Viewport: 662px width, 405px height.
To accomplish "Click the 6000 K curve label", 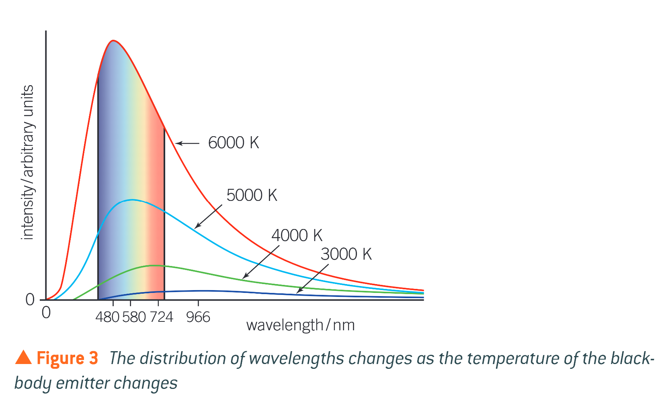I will click(x=233, y=143).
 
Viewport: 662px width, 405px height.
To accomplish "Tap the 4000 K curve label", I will click(x=297, y=235).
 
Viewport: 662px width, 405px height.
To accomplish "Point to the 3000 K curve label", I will click(x=346, y=254).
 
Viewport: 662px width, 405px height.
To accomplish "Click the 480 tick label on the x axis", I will click(x=107, y=317).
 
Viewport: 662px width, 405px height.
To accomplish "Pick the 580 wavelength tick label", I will click(x=134, y=317).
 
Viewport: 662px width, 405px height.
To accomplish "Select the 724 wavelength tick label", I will click(x=162, y=317).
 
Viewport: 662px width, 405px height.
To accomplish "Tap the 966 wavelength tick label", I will click(x=198, y=317).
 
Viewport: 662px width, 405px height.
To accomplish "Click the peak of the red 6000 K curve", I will click(x=114, y=41).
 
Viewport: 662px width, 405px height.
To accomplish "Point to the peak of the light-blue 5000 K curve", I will click(x=131, y=200).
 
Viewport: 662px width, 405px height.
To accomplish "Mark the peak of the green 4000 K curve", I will click(x=153, y=266).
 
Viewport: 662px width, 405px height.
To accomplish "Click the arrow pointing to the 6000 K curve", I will click(x=187, y=143).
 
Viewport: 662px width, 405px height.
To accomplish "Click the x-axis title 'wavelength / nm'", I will click(x=300, y=325).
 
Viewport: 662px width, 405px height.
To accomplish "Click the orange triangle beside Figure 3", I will click(x=23, y=357).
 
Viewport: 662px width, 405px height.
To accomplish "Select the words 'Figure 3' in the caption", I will click(x=67, y=358).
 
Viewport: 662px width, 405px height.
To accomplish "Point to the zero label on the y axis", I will click(x=30, y=300).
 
